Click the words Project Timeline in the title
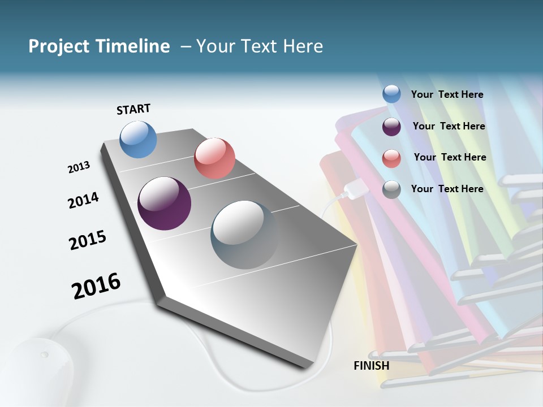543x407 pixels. coord(99,46)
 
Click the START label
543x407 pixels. coord(133,109)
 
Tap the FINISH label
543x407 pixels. coord(371,366)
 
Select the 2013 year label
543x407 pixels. coord(79,167)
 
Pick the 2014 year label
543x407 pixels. coord(83,201)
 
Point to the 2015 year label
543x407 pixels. coord(88,240)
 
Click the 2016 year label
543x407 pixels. coord(96,286)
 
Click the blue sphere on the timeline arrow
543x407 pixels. coord(138,139)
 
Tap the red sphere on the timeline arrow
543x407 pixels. coord(214,158)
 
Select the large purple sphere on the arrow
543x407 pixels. coord(164,203)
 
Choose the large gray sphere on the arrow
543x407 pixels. coord(245,235)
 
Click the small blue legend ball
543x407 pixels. coord(391,94)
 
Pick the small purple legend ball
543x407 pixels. coord(391,127)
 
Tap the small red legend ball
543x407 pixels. coord(391,158)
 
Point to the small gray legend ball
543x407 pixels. coord(391,189)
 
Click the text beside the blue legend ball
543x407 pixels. coord(447,95)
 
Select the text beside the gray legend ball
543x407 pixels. coord(447,189)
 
